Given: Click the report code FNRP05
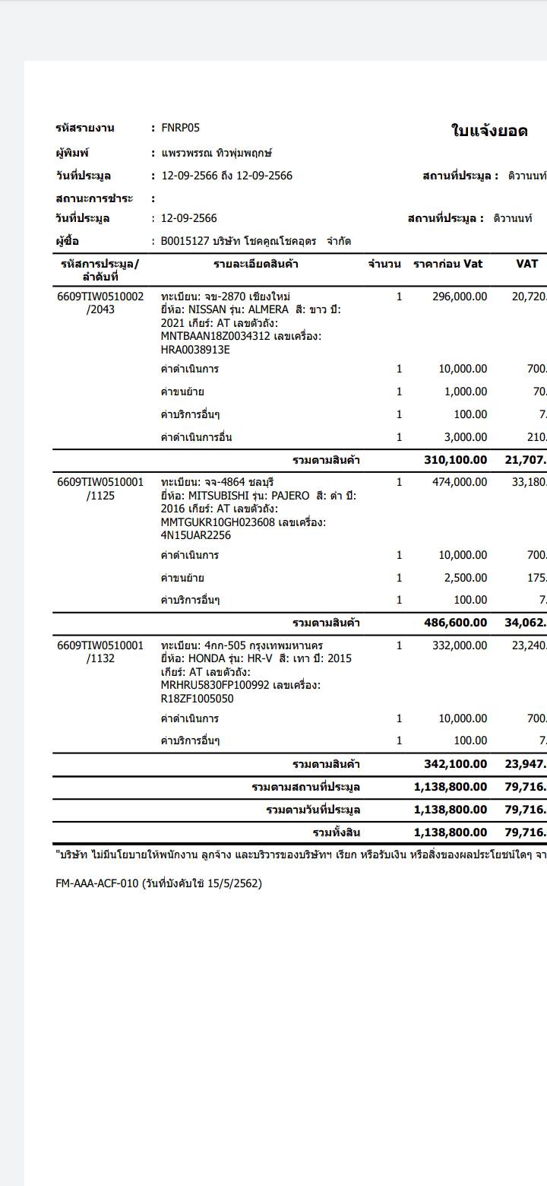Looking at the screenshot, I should tap(180, 128).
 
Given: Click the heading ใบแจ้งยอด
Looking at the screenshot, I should tap(489, 131).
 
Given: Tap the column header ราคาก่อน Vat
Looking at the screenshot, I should tap(447, 264).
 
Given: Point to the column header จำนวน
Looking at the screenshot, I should tap(384, 264).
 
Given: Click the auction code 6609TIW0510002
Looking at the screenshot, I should tap(100, 296).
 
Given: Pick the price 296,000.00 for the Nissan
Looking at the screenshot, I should tap(460, 296).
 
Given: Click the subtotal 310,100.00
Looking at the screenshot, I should tap(455, 460).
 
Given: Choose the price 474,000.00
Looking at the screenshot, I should tap(460, 482).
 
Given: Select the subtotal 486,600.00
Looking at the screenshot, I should tap(455, 623).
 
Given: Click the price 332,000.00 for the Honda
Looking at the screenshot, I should tap(460, 645).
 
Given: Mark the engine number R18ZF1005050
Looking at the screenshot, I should tap(198, 699).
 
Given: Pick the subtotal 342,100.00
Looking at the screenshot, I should tap(455, 764).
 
